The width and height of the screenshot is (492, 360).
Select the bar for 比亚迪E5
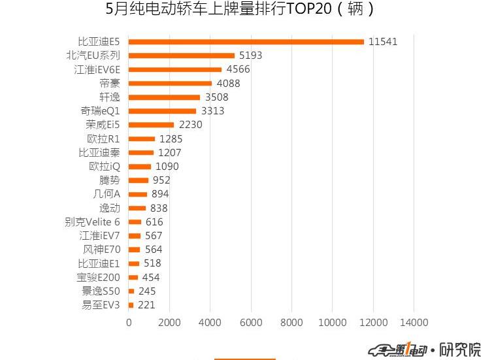246,42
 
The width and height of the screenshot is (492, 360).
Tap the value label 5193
250,56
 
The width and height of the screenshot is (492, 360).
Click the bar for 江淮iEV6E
175,69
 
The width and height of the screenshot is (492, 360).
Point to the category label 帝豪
110,83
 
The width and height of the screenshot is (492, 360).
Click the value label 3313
212,111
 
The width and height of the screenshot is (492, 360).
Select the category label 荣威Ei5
103,125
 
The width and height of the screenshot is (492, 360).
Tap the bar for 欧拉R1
142,139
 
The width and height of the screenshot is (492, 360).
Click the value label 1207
169,152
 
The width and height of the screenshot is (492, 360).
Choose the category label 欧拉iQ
104,167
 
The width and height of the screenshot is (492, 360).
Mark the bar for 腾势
139,180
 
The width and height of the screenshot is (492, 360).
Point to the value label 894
160,194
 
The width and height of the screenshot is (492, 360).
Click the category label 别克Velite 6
92,222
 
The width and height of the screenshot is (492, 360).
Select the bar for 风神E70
135,250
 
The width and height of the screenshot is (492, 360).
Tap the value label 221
146,305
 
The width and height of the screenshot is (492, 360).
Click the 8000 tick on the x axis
291,323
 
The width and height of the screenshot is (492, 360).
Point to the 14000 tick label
414,323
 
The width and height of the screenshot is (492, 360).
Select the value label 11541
382,42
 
